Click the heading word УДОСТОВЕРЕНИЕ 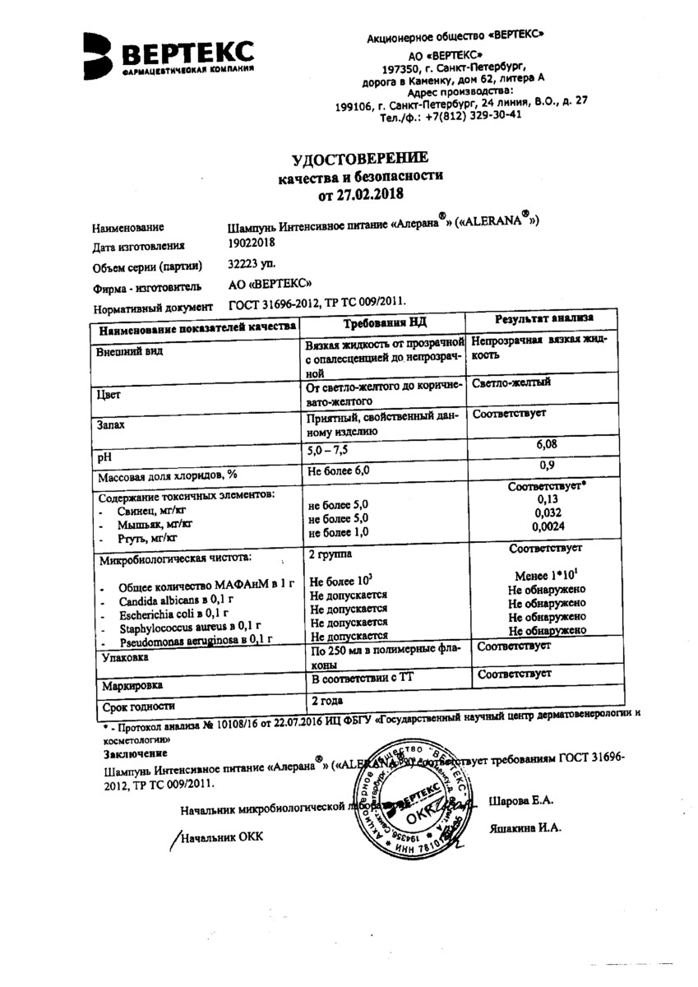360,159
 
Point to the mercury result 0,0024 542,526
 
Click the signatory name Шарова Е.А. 521,800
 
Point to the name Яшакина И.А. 525,829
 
